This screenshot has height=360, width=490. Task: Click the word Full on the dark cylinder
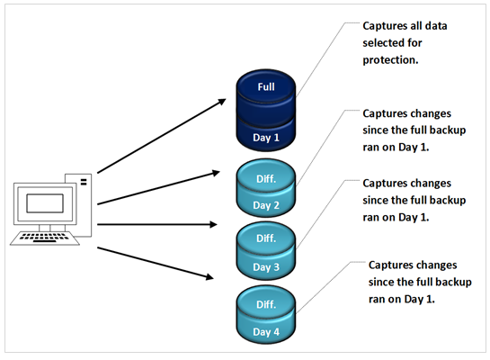[266, 86]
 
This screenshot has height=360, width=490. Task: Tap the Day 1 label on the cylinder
[266, 138]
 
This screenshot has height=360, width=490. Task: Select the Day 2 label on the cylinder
[266, 205]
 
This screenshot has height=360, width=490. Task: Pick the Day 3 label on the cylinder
[266, 267]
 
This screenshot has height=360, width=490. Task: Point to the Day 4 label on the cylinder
[266, 332]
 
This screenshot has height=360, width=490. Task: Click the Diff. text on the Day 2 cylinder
[266, 179]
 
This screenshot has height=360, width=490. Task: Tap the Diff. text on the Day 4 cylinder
[266, 304]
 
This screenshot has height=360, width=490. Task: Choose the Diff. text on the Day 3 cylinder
[266, 238]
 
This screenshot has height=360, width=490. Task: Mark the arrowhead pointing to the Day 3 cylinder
[214, 224]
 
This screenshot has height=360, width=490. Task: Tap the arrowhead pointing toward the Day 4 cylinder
[209, 276]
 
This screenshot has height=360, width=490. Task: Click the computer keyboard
[45, 238]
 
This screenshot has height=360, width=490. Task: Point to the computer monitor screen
[45, 203]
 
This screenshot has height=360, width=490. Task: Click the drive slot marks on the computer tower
[84, 182]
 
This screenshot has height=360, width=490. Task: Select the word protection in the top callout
[389, 60]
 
